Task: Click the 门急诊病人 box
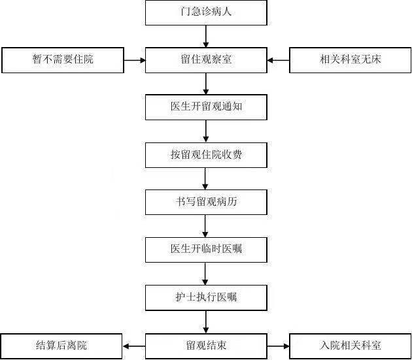206,12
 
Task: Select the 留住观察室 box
206,60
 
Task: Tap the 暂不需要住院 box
63,60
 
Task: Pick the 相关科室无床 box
350,60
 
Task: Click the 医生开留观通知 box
206,107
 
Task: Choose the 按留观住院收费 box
206,155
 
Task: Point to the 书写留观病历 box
206,202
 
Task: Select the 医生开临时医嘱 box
206,250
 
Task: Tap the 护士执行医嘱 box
206,298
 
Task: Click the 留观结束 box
206,346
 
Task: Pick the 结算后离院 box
61,346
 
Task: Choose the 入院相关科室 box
350,346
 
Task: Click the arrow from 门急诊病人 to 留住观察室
206,37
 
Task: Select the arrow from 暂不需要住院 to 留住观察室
135,60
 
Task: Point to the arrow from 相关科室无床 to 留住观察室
278,60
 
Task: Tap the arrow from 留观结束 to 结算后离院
134,346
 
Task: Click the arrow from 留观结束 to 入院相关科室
278,346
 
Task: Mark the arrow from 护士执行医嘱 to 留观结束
206,322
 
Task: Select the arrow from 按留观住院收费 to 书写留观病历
205,179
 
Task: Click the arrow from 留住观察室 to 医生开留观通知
206,84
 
